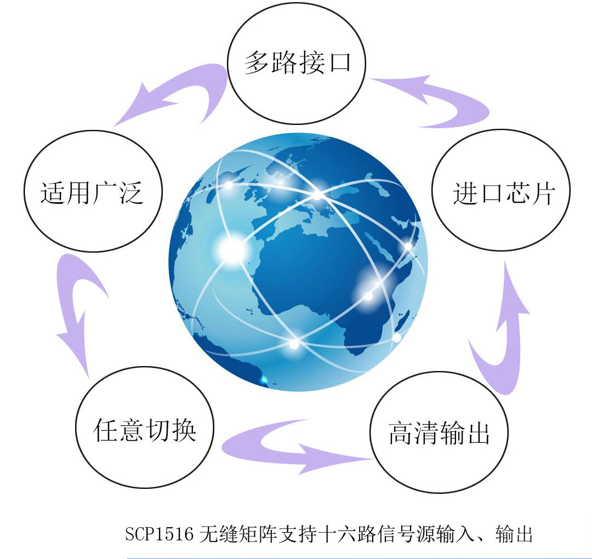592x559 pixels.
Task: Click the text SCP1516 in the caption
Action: [159, 534]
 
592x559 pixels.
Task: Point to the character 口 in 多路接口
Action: [340, 62]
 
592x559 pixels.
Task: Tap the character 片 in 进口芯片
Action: [544, 193]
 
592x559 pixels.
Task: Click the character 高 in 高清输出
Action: [401, 432]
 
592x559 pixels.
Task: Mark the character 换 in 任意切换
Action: [184, 430]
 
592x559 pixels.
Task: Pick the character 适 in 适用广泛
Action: [53, 193]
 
